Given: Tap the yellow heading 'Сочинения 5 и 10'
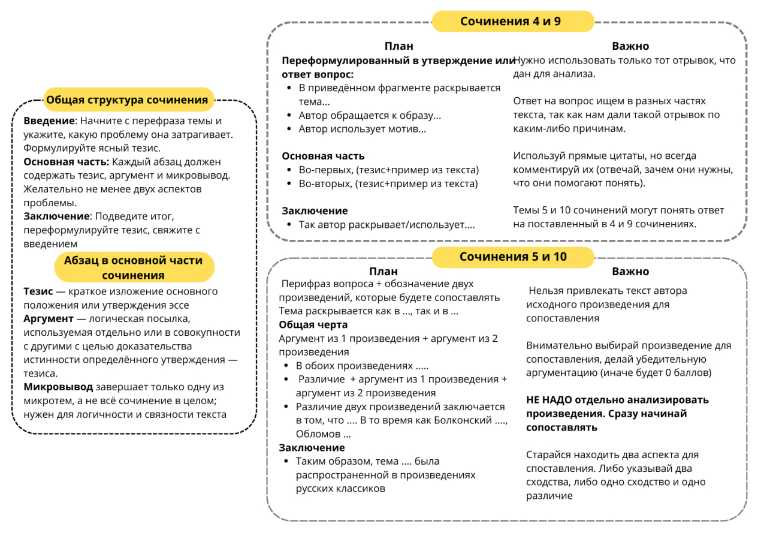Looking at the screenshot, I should pos(513,257).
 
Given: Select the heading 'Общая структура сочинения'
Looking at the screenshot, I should pos(127,100).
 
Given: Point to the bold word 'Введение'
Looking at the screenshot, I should pos(49,121).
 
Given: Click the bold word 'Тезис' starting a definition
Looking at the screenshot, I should pos(38,291).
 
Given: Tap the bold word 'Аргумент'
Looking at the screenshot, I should pos(49,319).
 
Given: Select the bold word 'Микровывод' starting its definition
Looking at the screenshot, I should pos(58,387).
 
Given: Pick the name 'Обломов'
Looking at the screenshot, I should pos(318,433).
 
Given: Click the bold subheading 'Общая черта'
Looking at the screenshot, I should pos(313,324).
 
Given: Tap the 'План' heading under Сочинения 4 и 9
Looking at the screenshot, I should pos(399,46).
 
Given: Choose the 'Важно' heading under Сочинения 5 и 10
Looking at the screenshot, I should pos(630,272).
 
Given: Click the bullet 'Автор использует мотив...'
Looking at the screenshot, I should pos(363,129).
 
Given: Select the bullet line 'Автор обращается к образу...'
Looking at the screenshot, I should pos(370,115).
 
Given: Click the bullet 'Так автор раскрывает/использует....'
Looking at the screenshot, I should pos(386,225).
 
